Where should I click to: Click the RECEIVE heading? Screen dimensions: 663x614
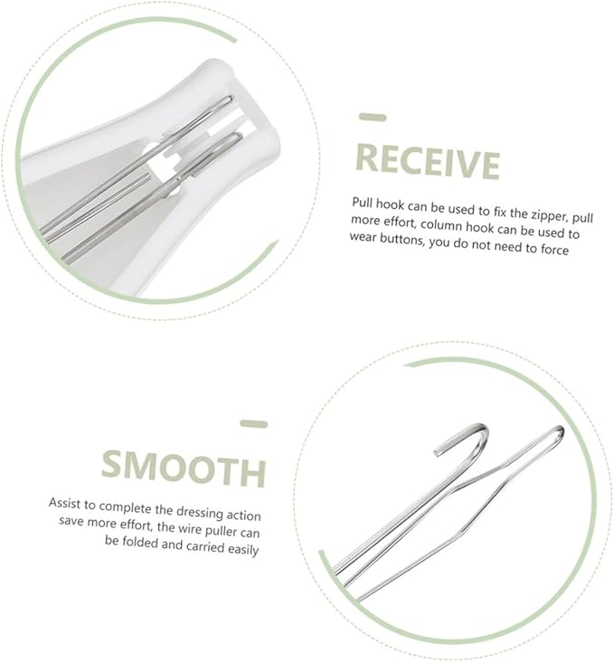[x=427, y=161]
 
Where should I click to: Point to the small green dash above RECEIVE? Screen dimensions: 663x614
[x=373, y=118]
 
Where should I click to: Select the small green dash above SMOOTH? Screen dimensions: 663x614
[x=254, y=423]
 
